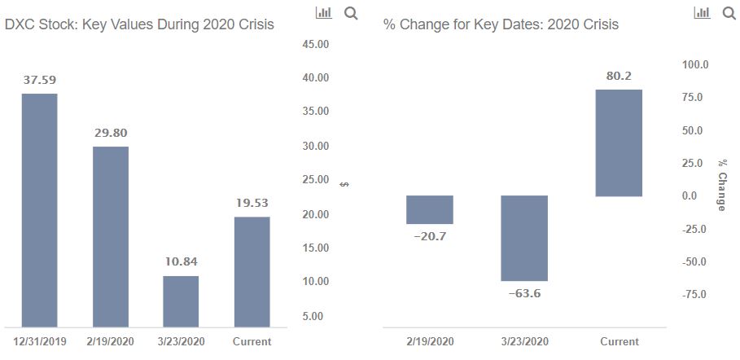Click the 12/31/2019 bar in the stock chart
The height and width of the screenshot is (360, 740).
(x=40, y=210)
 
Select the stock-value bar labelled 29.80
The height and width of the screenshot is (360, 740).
(x=111, y=237)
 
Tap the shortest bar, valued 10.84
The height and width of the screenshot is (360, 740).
(x=181, y=301)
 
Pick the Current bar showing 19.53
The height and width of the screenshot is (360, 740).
(x=252, y=272)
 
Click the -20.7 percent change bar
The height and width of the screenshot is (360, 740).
(x=430, y=210)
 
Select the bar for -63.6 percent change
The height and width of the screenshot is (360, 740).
(x=523, y=238)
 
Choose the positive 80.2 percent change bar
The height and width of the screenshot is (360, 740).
(x=619, y=143)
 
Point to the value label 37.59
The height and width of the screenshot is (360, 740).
(x=40, y=80)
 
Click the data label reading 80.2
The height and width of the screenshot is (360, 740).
(x=619, y=76)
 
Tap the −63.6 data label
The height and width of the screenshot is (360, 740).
(x=524, y=293)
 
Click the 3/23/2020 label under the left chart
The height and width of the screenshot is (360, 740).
(x=181, y=341)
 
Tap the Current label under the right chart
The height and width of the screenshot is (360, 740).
(x=620, y=341)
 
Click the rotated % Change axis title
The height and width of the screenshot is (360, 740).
(x=721, y=185)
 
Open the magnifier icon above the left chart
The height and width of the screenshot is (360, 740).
(x=351, y=13)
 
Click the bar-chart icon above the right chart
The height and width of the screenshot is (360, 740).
(x=702, y=13)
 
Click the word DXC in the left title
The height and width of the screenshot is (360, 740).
(x=19, y=24)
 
